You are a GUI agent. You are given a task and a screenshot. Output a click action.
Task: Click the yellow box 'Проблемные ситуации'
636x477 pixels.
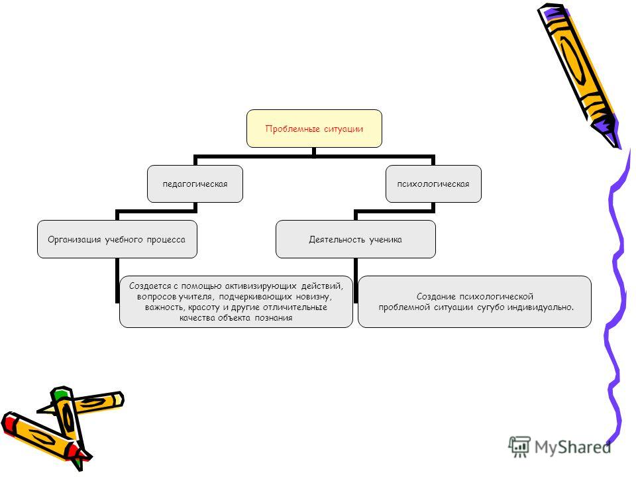coord(314,129)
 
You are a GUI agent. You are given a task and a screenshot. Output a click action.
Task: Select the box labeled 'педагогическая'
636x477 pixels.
coord(195,184)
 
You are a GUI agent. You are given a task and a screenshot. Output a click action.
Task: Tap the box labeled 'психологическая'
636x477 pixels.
coord(433,184)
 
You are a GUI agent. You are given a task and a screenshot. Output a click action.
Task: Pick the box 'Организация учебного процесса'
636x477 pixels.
coord(117,239)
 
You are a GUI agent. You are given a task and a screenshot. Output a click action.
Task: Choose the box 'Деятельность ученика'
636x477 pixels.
coord(355,239)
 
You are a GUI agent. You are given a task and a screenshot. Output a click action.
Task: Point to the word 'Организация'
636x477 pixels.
coord(74,240)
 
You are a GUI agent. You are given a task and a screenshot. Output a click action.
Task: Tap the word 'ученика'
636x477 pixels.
coord(386,240)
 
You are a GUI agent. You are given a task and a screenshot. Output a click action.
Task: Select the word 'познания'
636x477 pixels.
coord(274,317)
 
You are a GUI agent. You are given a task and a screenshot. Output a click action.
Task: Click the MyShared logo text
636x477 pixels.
coord(572,447)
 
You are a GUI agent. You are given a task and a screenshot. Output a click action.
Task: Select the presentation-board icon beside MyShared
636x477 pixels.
coord(519,447)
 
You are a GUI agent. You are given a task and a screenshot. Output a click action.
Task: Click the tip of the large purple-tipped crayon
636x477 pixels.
coord(618,148)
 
